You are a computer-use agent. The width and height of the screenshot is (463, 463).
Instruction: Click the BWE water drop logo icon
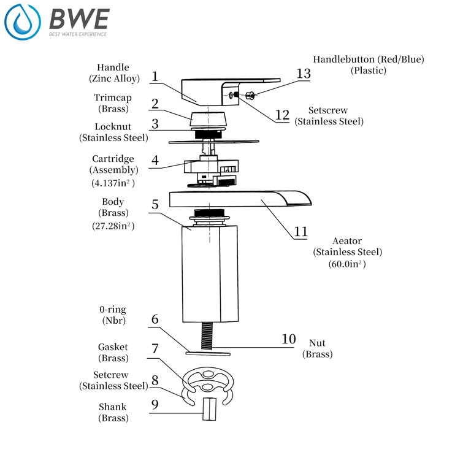22,23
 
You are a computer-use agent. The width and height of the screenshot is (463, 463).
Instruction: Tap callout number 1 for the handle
155,77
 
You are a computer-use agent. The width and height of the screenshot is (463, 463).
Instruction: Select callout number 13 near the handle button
304,74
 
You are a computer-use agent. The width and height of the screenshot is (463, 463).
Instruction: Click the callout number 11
300,231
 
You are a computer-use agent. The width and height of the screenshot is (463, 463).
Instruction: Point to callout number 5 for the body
155,204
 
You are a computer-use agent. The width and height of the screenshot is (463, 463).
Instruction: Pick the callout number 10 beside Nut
288,339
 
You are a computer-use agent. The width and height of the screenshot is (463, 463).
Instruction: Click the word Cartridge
113,159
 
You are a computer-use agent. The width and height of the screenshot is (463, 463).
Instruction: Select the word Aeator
347,241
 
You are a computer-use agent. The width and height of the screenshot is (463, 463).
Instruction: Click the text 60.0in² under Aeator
347,264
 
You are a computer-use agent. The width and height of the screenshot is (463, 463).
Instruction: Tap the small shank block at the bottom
209,408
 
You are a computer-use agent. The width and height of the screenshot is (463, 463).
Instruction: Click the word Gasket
113,347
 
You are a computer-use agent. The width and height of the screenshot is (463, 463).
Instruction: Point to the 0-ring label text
113,309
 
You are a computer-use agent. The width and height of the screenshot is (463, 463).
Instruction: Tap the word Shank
113,407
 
